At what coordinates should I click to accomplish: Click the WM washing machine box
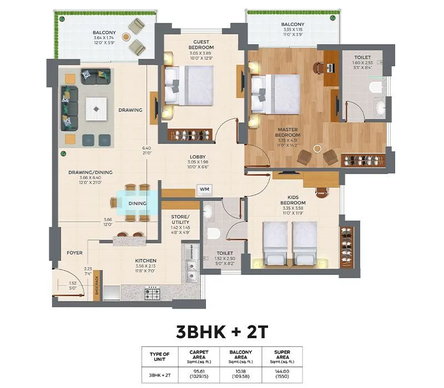tap(204, 190)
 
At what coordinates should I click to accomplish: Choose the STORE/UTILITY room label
tap(180, 218)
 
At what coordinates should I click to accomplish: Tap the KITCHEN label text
tap(145, 261)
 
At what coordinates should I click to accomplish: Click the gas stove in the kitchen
tap(152, 292)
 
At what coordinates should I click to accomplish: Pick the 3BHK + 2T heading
tap(222, 332)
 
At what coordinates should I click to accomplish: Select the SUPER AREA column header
tap(283, 355)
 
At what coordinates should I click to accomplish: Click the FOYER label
tap(75, 253)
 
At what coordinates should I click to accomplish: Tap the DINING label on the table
tap(137, 203)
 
